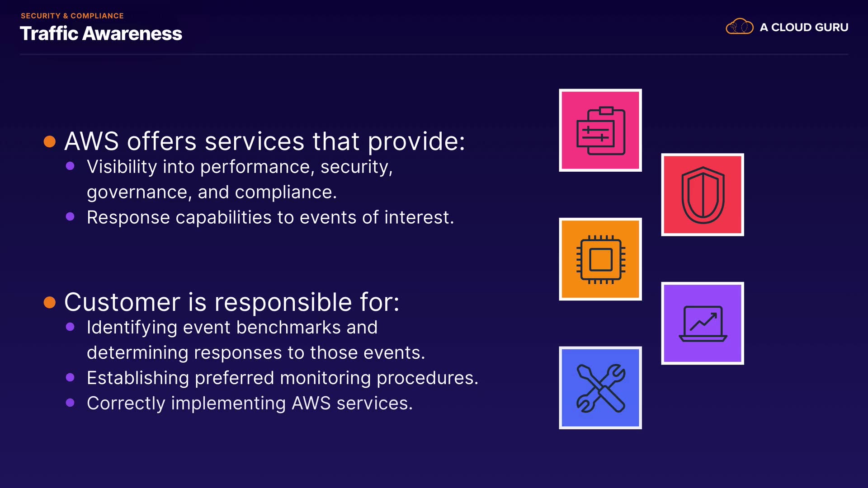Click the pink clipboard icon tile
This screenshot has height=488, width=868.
point(600,130)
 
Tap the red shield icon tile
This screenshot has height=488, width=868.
point(703,195)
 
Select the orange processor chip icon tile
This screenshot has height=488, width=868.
point(600,259)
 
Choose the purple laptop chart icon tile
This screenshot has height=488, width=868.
point(703,324)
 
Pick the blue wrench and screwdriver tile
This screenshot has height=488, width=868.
point(600,388)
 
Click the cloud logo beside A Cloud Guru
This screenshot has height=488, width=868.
point(740,27)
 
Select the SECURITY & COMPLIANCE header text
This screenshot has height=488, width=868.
point(72,16)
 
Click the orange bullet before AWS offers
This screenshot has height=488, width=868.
point(50,142)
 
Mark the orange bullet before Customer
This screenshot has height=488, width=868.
point(50,302)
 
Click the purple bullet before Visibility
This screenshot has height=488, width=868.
point(70,166)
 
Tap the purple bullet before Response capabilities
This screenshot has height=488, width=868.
point(70,216)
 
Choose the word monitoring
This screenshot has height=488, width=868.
point(324,378)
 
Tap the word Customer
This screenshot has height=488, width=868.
point(123,302)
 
